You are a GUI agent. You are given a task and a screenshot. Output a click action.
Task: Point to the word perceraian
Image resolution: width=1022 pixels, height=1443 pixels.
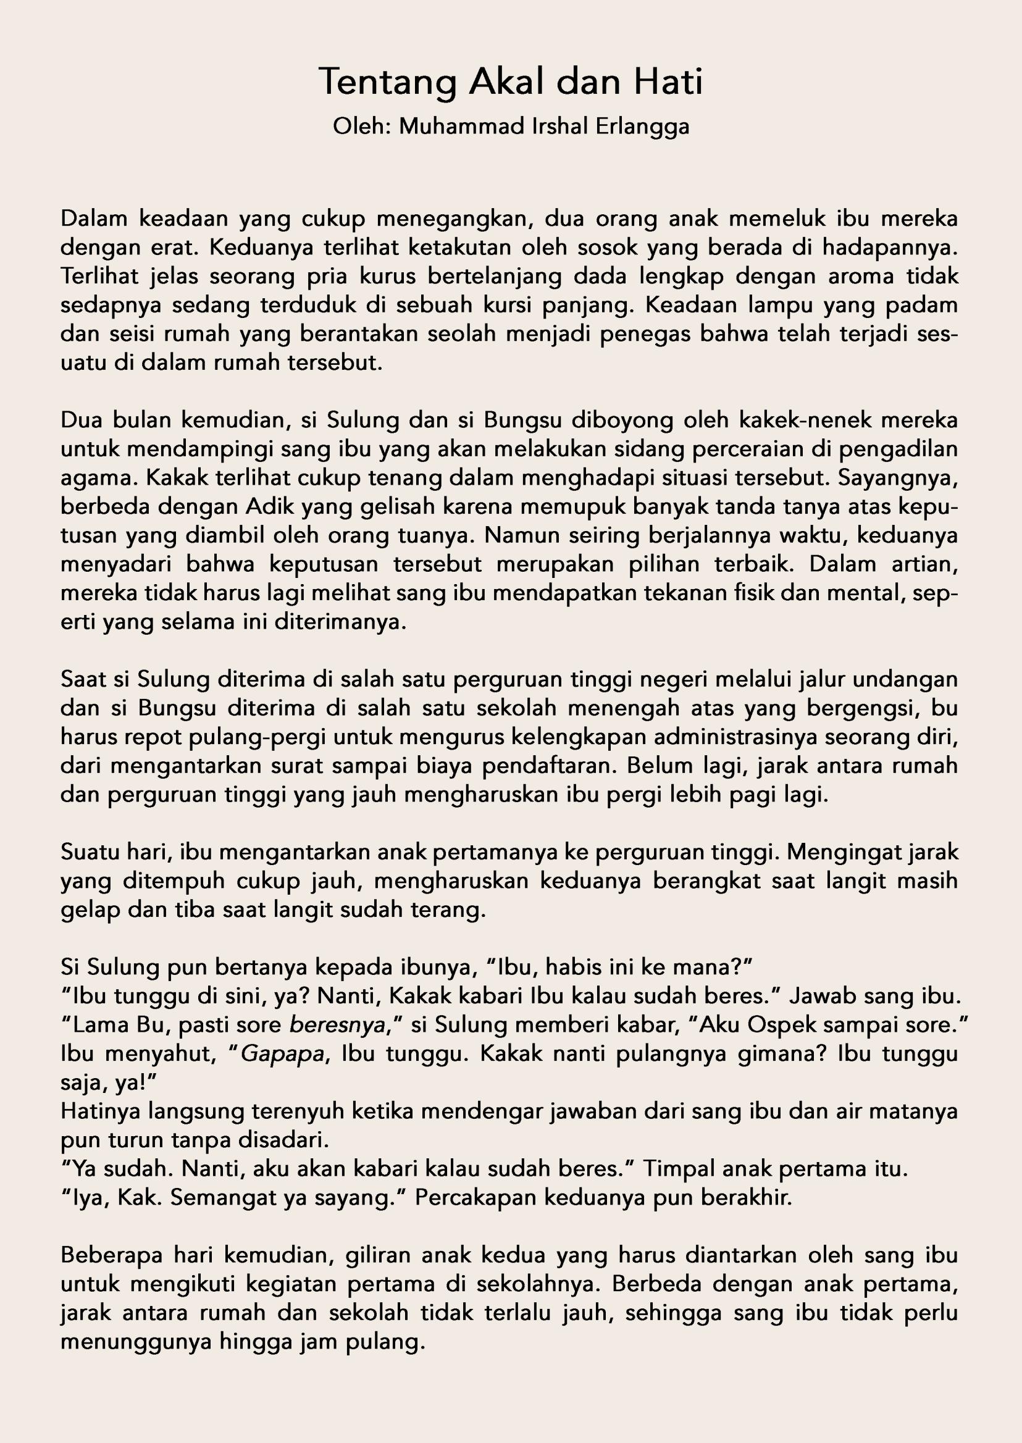[708, 449]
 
